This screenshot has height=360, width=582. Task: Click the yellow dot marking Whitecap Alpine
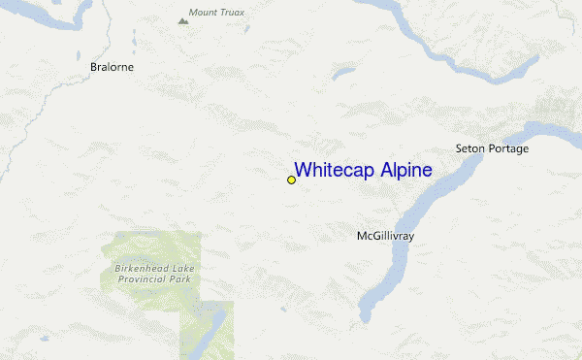click(291, 180)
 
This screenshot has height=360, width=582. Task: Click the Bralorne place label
click(112, 67)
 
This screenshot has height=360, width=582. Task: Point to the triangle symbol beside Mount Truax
click(182, 18)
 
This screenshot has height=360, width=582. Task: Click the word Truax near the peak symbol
click(233, 13)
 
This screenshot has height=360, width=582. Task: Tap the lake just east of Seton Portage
click(553, 128)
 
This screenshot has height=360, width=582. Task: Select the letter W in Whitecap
click(303, 171)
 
